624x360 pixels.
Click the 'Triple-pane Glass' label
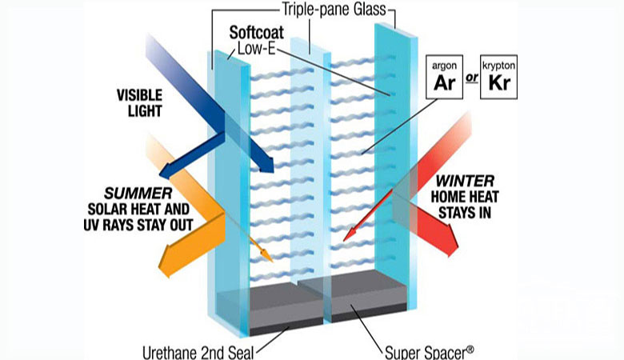(334, 9)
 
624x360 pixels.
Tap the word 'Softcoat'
(257, 33)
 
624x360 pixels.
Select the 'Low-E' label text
(257, 49)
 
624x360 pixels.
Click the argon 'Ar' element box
(444, 77)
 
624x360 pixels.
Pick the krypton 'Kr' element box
(498, 77)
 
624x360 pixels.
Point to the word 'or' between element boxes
(471, 77)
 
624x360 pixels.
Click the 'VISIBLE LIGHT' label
(139, 103)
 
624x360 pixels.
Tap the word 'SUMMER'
(138, 194)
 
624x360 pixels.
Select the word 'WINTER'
(465, 182)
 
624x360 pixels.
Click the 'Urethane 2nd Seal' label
(198, 353)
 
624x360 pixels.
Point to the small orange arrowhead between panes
(266, 255)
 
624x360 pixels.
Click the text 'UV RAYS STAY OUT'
(138, 225)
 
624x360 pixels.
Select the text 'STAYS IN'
(465, 213)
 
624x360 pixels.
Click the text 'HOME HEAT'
(465, 197)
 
